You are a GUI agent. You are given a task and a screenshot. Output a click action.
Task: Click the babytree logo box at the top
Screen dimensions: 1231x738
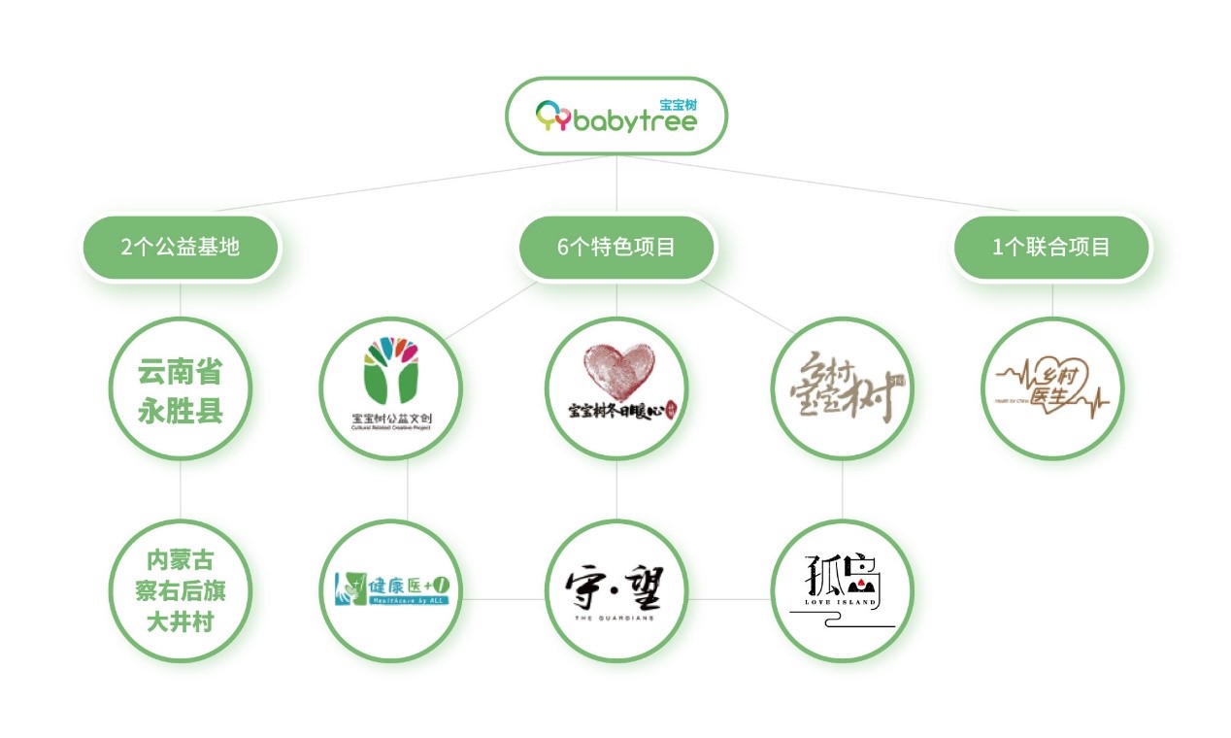pos(616,116)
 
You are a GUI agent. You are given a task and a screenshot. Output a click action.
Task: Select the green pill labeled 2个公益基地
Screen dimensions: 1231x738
pos(181,247)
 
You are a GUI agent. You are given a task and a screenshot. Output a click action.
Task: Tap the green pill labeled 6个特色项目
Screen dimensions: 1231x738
pos(616,247)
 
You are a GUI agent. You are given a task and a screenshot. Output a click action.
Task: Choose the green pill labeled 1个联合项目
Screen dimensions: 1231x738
pos(1051,247)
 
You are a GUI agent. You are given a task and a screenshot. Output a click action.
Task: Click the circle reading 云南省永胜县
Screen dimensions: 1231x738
pos(181,388)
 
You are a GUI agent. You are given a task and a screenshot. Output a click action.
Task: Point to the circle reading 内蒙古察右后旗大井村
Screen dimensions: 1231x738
pos(181,590)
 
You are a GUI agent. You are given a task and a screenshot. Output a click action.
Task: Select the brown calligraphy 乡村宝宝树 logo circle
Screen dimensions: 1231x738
pos(843,388)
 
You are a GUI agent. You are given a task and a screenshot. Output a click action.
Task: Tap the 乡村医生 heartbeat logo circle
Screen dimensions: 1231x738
pos(1051,388)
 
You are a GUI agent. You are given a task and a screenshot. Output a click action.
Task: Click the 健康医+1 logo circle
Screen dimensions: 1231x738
pos(391,590)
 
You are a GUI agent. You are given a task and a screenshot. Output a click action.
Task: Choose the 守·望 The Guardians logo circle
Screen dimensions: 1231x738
pos(616,590)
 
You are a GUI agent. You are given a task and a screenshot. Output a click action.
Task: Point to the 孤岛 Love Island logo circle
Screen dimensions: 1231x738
pos(843,590)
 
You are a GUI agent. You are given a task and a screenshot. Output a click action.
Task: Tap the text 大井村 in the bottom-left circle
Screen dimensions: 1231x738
pos(181,621)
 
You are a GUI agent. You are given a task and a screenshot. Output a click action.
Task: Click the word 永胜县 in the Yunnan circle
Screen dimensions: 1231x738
pos(181,410)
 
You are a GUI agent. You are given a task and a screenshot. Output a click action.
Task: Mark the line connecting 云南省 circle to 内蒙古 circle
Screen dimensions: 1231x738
pos(181,489)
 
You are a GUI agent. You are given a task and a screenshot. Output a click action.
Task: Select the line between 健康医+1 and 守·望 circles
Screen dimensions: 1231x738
pos(503,599)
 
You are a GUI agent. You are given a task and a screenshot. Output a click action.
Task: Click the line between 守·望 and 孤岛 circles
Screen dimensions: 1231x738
pos(729,599)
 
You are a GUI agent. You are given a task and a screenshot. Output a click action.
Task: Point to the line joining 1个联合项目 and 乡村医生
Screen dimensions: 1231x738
pos(1051,299)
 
